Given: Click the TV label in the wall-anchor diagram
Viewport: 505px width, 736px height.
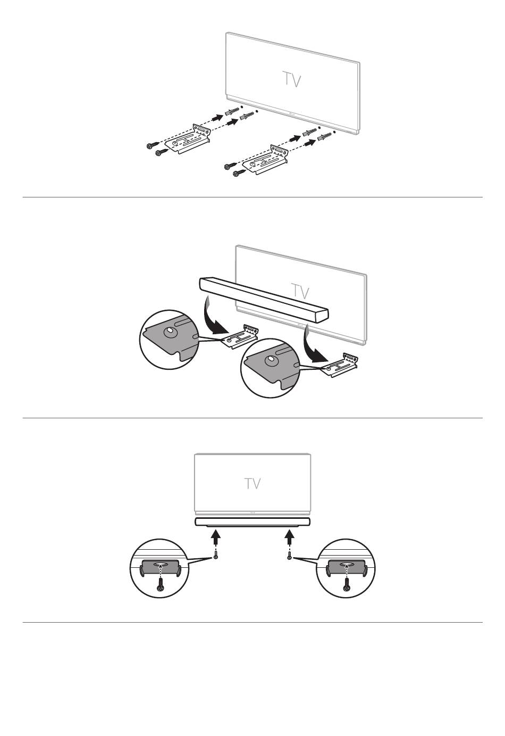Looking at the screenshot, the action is coord(292,80).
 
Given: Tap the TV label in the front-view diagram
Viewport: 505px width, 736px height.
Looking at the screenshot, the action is coord(252,484).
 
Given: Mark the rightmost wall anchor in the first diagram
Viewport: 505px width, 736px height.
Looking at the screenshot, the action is coord(324,136).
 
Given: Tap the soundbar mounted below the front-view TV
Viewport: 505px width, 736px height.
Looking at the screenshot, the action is coord(252,522).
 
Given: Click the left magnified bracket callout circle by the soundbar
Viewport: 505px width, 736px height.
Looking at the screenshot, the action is coord(170,340).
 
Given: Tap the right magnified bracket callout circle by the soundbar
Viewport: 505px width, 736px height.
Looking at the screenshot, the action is coord(270,368).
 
